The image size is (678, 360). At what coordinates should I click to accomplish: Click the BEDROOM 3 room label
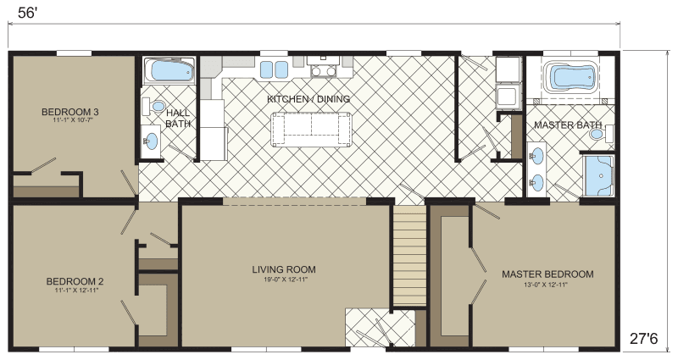coord(72,112)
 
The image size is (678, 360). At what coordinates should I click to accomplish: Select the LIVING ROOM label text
coord(284,270)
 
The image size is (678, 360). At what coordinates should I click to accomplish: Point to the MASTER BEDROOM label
coord(547,274)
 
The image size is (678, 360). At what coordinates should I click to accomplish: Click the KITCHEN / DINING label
coord(308,99)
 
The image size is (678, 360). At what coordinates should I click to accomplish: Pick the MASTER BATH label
coord(560,125)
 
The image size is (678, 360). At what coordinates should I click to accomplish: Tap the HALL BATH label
coord(178,119)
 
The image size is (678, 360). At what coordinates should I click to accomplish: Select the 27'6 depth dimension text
coord(643,338)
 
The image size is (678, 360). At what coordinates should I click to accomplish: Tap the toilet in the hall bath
coord(156,106)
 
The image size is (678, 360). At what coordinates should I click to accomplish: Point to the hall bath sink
coord(153,141)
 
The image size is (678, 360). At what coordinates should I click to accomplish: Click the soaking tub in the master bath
coord(571,77)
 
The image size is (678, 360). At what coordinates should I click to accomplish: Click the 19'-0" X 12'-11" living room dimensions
coord(284,279)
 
